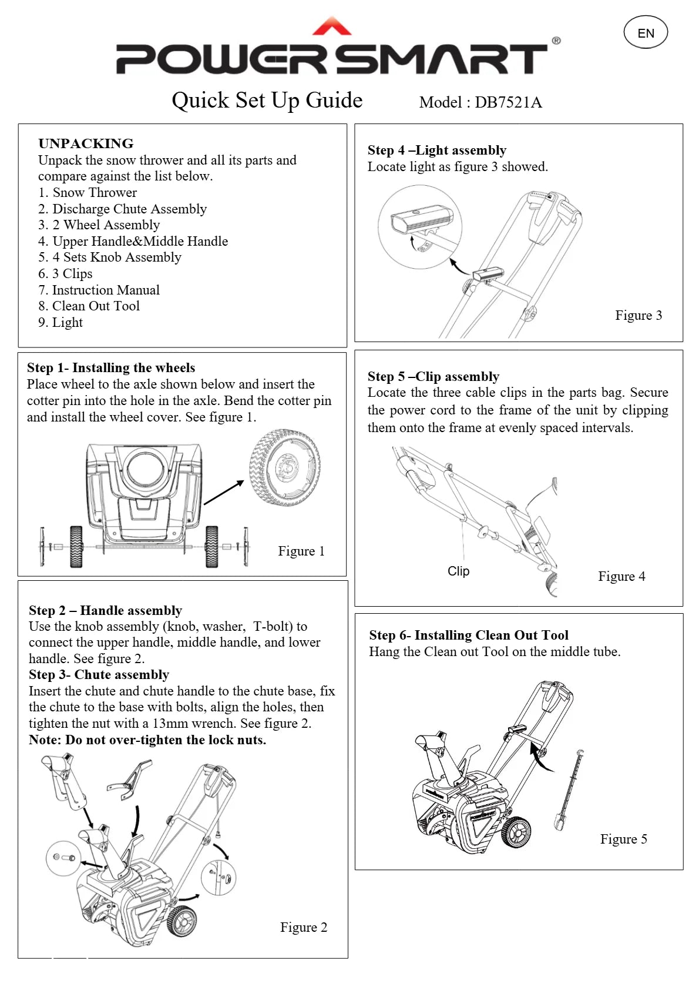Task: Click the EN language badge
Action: (x=646, y=33)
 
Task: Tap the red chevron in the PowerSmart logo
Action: (x=332, y=27)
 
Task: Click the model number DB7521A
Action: (x=508, y=102)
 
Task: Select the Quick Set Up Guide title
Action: (x=267, y=101)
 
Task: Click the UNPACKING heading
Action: (x=86, y=143)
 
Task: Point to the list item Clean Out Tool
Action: (x=89, y=306)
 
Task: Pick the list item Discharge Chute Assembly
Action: (x=123, y=209)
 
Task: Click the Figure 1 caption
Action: (x=301, y=551)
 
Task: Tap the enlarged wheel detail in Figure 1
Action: (x=285, y=467)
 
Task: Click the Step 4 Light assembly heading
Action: (x=437, y=150)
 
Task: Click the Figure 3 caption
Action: (x=638, y=315)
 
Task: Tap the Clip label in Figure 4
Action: (x=458, y=571)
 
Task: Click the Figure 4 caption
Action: (x=621, y=576)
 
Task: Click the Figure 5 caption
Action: (x=623, y=839)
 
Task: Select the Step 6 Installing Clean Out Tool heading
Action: (x=469, y=635)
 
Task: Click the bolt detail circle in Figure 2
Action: (x=63, y=858)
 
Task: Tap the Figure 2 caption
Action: (x=303, y=927)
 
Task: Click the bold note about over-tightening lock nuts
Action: (x=147, y=740)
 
